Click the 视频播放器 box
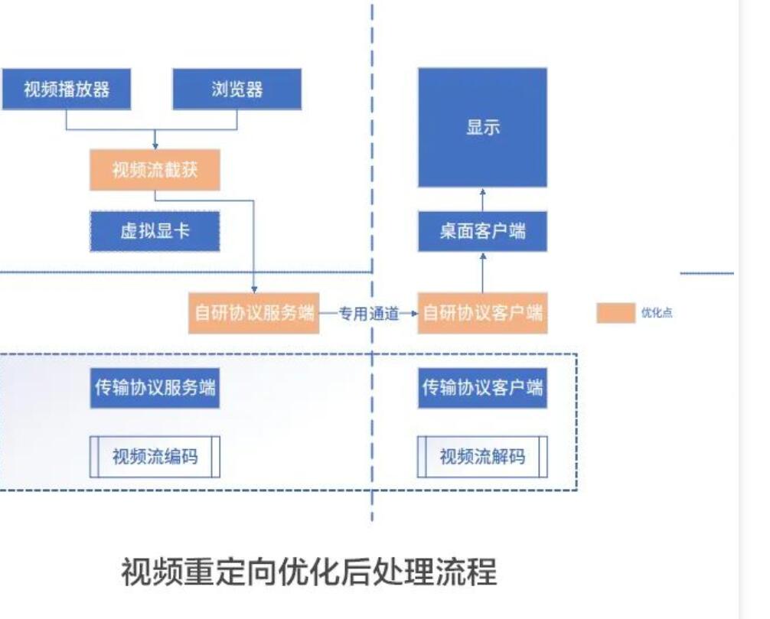point(66,90)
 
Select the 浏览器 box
point(237,90)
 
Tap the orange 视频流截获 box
point(155,170)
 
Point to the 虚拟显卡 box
point(155,232)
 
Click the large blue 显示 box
point(482,128)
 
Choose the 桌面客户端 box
point(482,232)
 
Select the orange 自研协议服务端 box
point(253,313)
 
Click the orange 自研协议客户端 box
point(482,313)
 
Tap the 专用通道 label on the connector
point(368,313)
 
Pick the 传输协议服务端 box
point(155,388)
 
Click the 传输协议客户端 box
point(482,388)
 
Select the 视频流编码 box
point(155,457)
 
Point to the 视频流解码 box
point(482,457)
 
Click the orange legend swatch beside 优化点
point(615,313)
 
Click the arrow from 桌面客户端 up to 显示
point(482,200)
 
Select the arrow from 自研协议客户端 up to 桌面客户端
point(482,272)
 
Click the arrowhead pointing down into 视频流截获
point(155,145)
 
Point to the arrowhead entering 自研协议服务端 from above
point(253,287)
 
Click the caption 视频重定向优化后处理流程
point(308,572)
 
